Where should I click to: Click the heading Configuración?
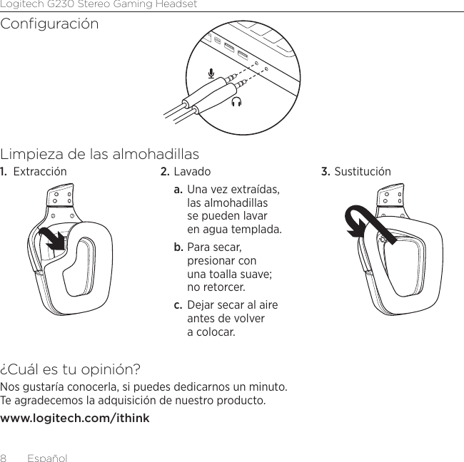point(50,24)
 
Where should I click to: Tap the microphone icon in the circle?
point(211,73)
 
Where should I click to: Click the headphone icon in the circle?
point(236,102)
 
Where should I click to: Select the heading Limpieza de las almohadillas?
point(100,154)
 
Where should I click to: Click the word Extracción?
point(40,172)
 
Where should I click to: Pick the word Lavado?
point(192,172)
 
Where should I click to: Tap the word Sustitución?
point(363,172)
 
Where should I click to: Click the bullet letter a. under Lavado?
point(178,190)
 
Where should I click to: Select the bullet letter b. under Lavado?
point(178,247)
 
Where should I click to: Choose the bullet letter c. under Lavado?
point(178,305)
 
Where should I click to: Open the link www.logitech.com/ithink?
point(75,418)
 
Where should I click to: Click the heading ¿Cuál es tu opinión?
point(71,370)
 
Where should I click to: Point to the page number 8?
point(4,457)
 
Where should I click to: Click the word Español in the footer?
point(47,457)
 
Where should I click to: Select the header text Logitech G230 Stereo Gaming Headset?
point(99,4)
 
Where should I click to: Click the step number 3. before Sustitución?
point(326,172)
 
